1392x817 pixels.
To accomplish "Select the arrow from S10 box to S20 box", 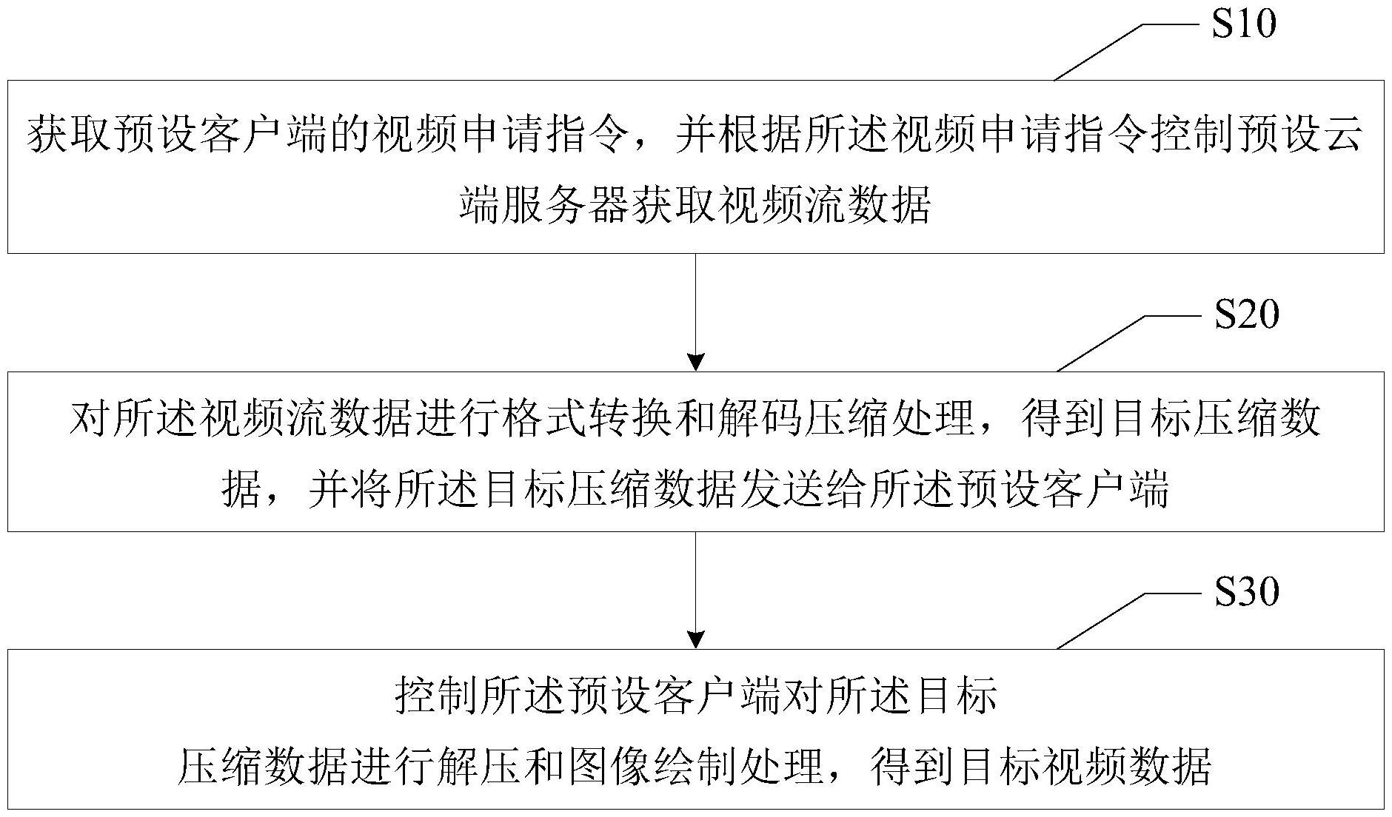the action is click(x=696, y=312).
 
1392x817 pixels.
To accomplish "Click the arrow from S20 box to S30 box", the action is click(x=696, y=590).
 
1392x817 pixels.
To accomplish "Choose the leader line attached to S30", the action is click(x=1128, y=621).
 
